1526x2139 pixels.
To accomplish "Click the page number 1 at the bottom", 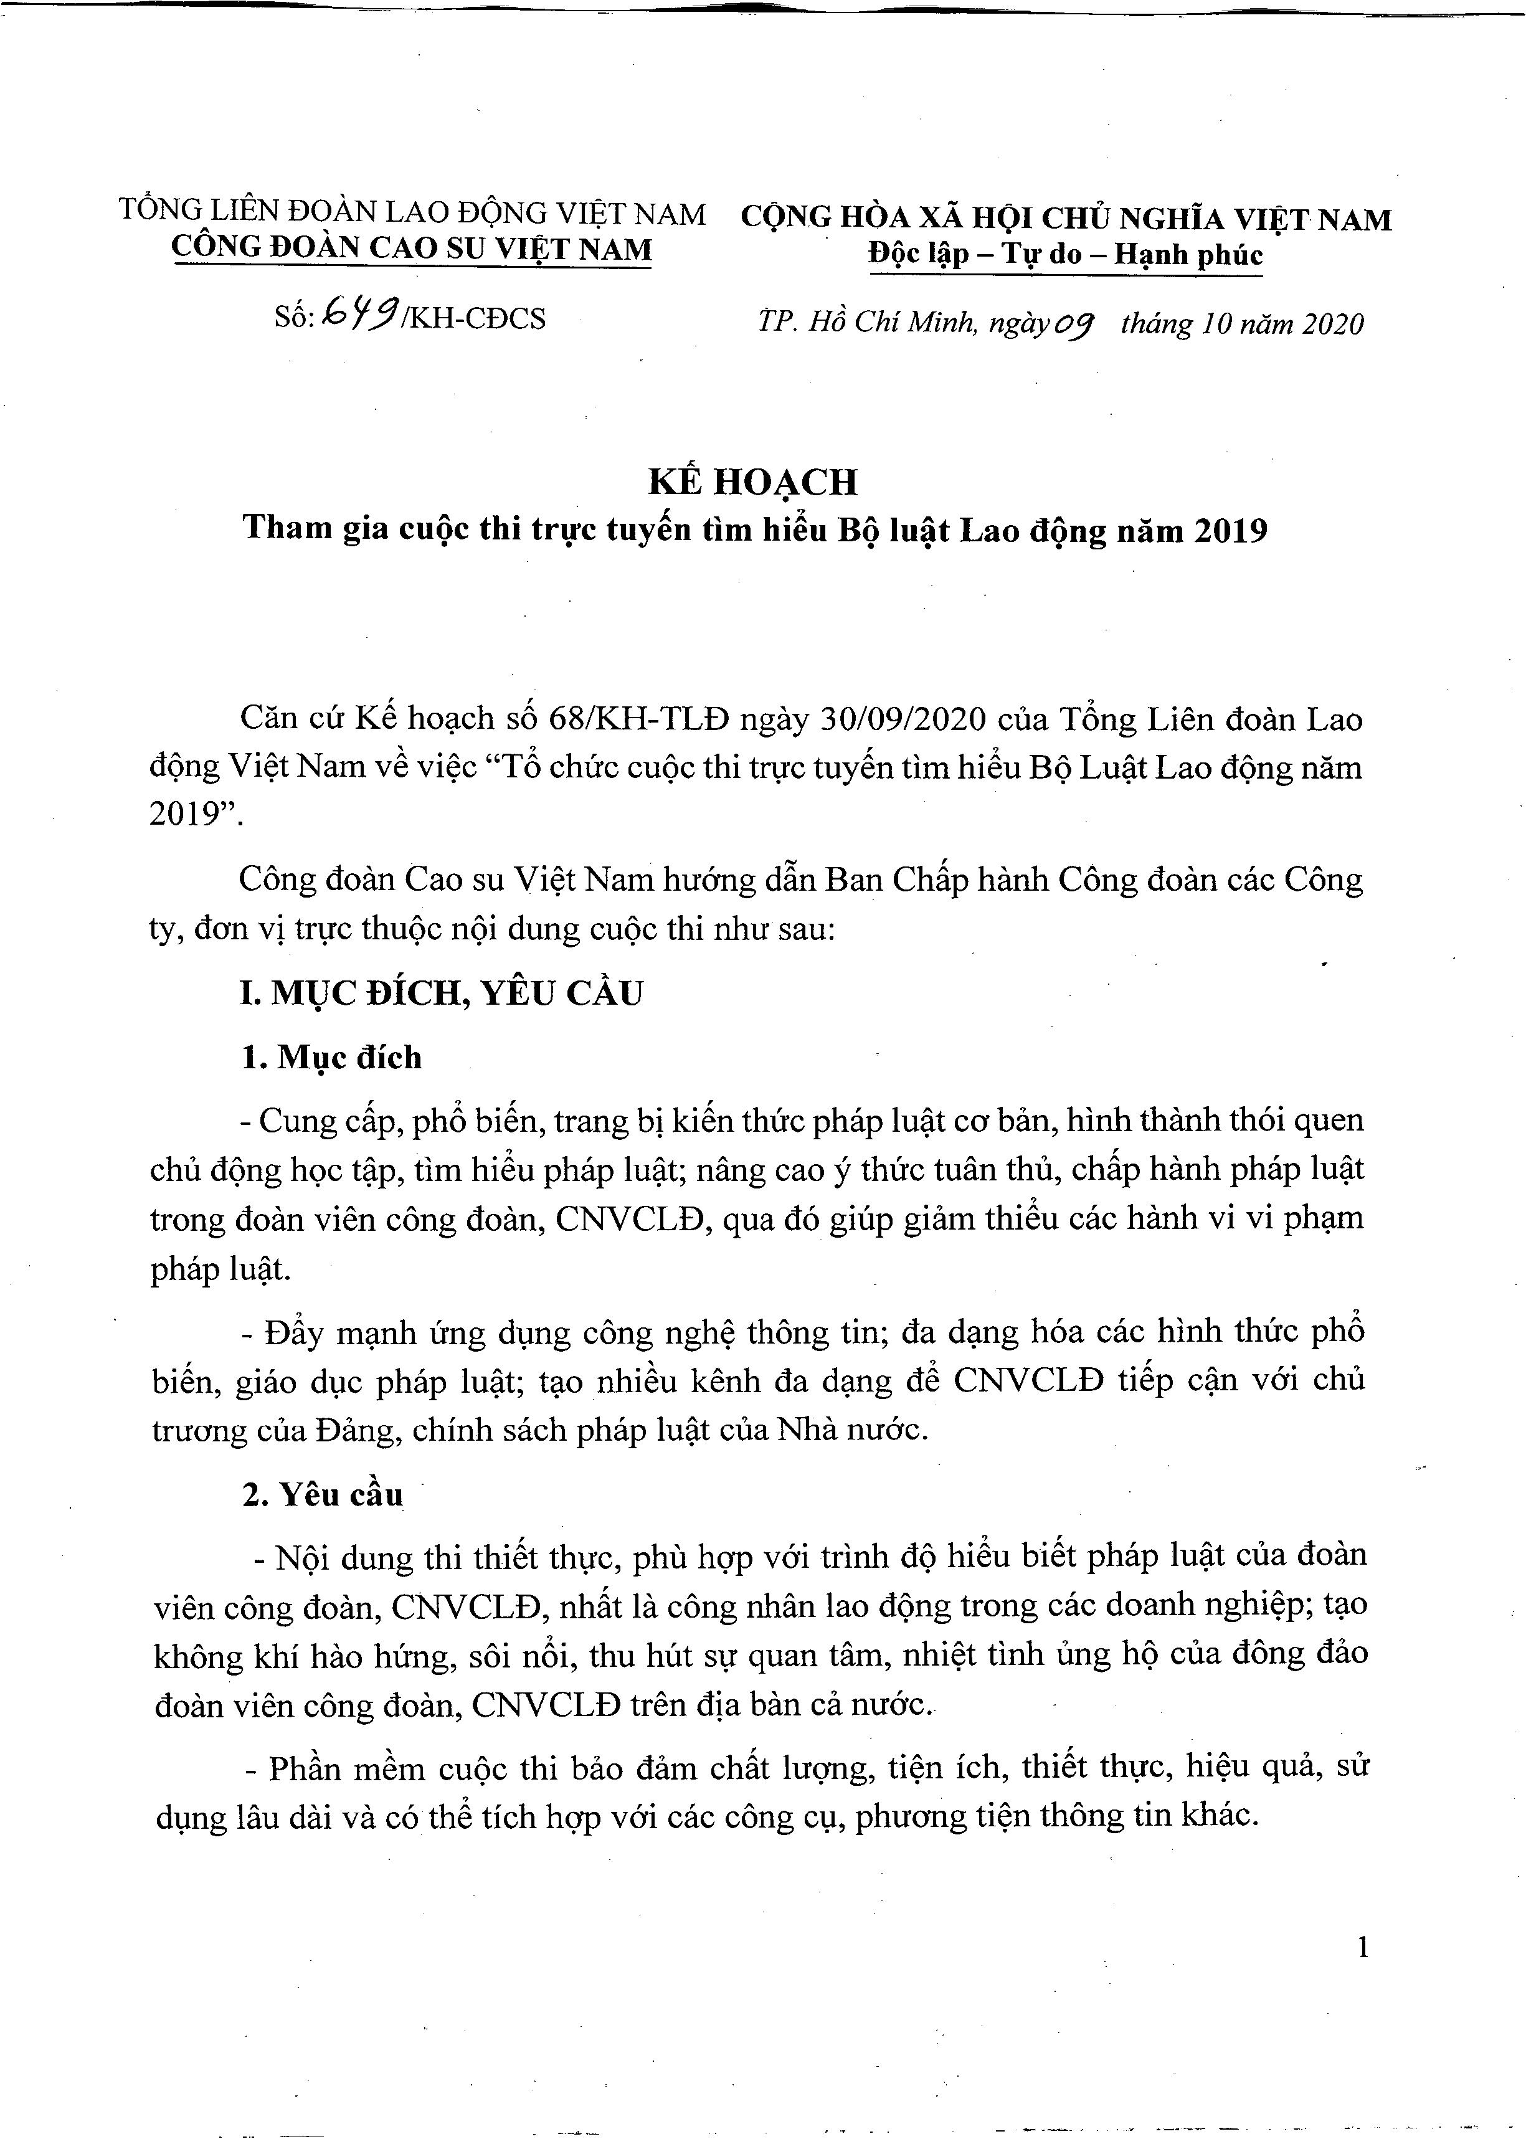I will coord(1363,1948).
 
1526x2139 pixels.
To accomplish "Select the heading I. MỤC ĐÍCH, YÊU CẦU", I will coord(442,994).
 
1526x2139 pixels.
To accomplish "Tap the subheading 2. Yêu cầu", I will coord(322,1494).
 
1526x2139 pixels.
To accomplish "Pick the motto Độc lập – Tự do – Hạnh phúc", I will coord(1066,255).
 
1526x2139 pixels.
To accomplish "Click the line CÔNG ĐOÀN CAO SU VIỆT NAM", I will coord(412,249).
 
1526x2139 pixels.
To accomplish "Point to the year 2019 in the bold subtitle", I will coord(1230,531).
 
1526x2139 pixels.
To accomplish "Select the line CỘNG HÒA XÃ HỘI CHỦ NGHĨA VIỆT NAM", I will coord(1066,218).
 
